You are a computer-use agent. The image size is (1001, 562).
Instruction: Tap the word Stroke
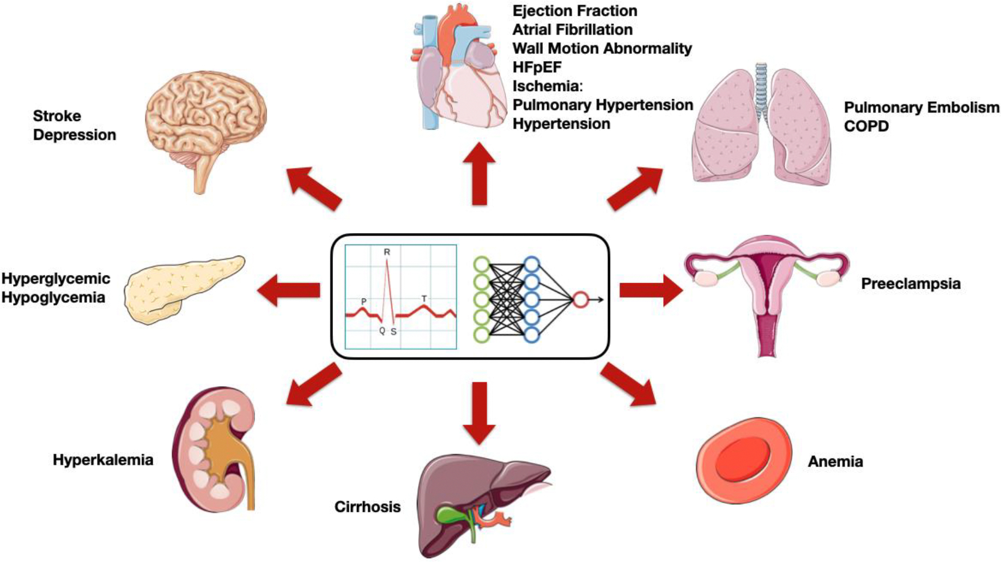(57, 116)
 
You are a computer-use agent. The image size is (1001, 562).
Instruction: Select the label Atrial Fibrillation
(572, 29)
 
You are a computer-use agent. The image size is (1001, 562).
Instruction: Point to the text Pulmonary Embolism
(921, 107)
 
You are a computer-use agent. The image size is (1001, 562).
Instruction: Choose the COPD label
(866, 126)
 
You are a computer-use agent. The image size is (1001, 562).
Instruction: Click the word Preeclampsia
(911, 284)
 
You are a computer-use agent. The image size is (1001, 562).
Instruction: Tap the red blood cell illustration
(744, 461)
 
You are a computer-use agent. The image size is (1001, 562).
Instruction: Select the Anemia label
(835, 462)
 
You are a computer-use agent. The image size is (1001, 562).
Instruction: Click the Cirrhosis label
(367, 507)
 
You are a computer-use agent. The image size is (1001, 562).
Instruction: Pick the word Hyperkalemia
(103, 460)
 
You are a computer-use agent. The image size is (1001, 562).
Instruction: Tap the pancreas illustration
(183, 288)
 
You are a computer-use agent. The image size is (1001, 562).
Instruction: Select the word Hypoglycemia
(53, 297)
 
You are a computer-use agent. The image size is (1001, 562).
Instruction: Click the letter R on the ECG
(387, 252)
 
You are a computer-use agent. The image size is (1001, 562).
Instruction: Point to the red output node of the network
(580, 300)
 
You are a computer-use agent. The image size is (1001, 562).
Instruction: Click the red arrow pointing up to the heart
(479, 174)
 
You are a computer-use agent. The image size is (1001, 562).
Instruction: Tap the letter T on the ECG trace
(424, 299)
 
